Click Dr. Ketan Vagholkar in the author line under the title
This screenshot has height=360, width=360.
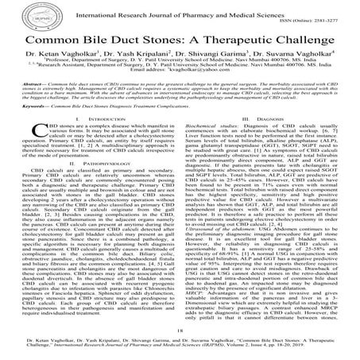click(x=79, y=60)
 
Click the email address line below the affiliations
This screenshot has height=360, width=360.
click(x=180, y=91)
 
